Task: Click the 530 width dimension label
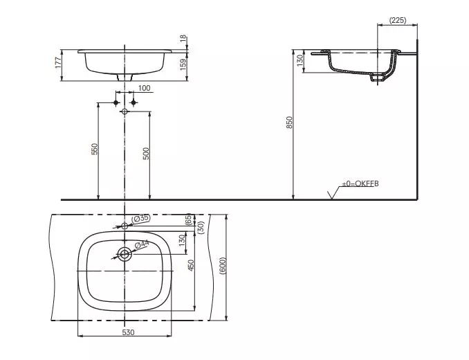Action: click(x=128, y=332)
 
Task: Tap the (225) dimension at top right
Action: click(x=398, y=20)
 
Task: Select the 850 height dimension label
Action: click(x=289, y=123)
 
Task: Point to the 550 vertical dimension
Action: click(x=95, y=150)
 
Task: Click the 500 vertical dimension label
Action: click(x=146, y=154)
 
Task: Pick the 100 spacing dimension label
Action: click(x=144, y=88)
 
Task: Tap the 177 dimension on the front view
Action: click(x=58, y=63)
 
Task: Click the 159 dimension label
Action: click(x=183, y=64)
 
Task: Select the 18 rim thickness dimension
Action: click(x=183, y=39)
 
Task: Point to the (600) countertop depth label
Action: click(x=223, y=266)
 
